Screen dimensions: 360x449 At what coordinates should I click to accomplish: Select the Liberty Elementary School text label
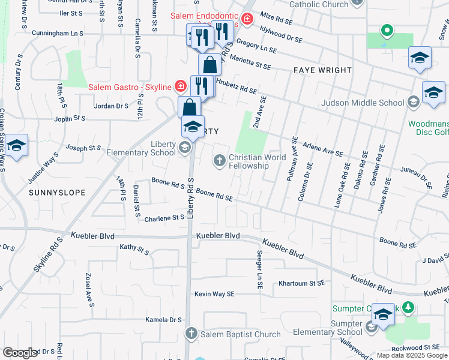coord(140,148)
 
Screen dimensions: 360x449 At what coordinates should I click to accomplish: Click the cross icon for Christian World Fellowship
coord(220,160)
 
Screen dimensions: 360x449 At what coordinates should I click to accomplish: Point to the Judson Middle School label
coord(363,103)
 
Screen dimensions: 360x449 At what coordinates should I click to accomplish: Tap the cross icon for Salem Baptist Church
coord(191,334)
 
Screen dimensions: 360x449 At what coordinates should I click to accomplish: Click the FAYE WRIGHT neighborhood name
coord(322,70)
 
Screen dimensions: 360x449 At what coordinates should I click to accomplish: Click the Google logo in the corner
coord(20,353)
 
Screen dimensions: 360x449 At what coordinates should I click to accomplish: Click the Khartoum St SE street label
coord(301,283)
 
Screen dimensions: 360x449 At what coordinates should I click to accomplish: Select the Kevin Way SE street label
coord(214,294)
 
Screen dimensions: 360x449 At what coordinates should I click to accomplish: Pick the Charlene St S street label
coord(163,219)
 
